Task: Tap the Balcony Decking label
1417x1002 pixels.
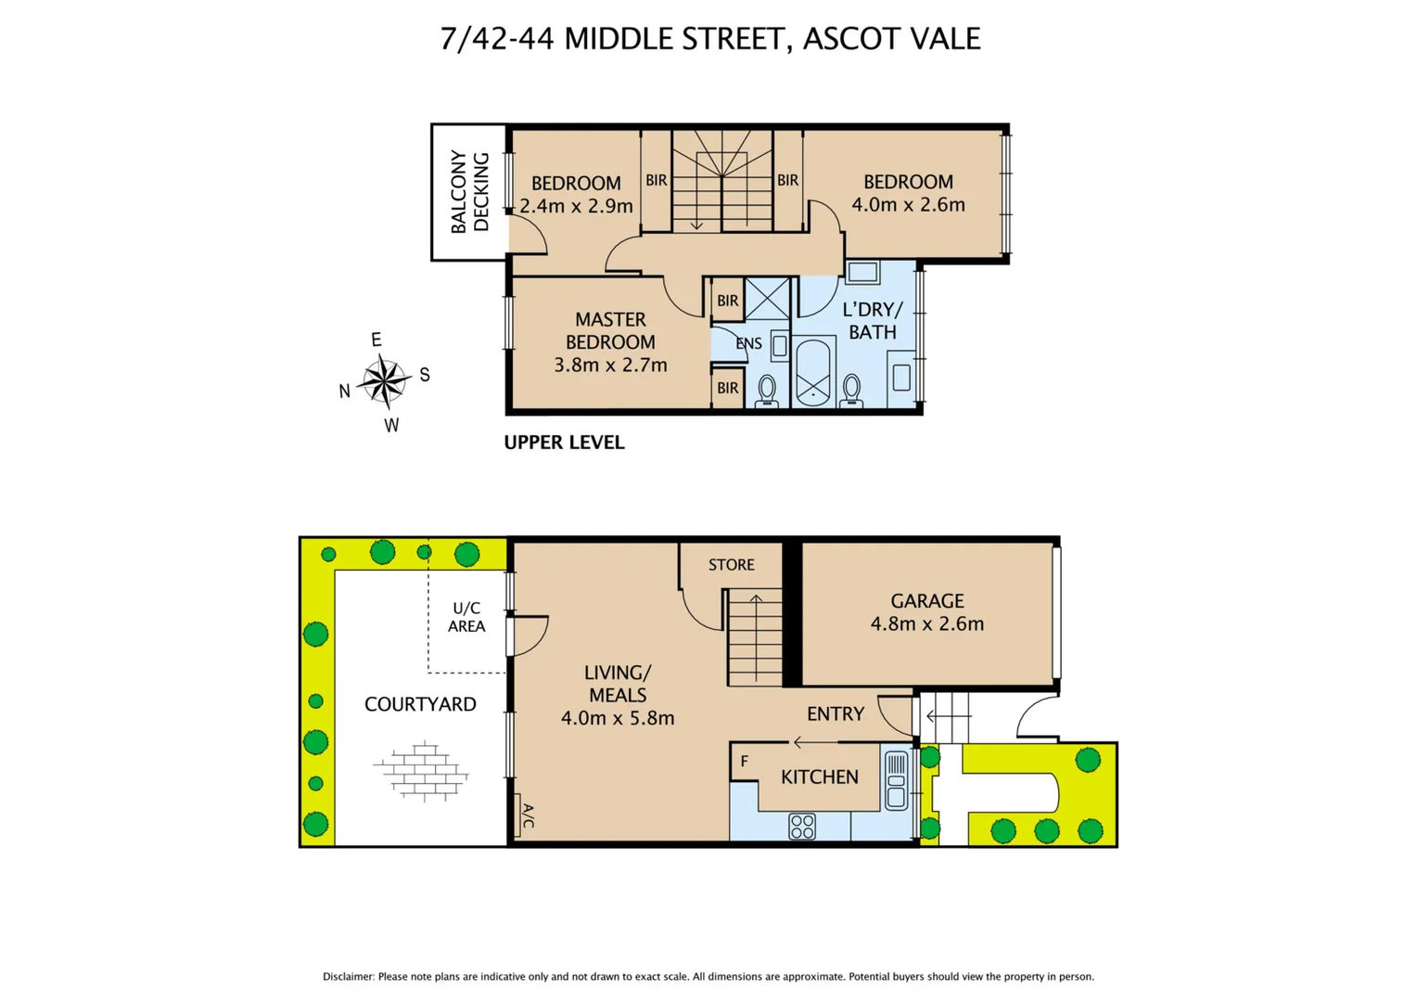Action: coord(470,192)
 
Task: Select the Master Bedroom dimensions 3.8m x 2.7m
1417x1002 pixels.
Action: coord(610,365)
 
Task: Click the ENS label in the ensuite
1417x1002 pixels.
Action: coord(748,343)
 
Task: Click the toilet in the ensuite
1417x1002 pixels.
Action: coord(767,390)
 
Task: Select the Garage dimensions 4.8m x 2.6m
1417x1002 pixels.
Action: coord(926,623)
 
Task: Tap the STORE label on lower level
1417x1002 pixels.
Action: coord(731,564)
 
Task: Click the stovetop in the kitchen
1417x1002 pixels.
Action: coord(802,826)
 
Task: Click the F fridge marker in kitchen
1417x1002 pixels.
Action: coord(744,761)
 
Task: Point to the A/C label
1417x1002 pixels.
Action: coord(527,816)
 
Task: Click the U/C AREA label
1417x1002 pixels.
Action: coord(466,617)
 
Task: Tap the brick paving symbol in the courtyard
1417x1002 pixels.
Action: coord(422,770)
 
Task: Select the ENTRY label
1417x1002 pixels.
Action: coord(835,713)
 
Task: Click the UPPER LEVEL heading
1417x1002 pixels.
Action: coord(564,443)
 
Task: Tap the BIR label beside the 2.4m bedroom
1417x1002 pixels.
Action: coord(656,180)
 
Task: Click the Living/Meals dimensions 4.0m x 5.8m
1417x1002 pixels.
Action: coord(618,717)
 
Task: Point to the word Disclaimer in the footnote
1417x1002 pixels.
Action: coord(348,976)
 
